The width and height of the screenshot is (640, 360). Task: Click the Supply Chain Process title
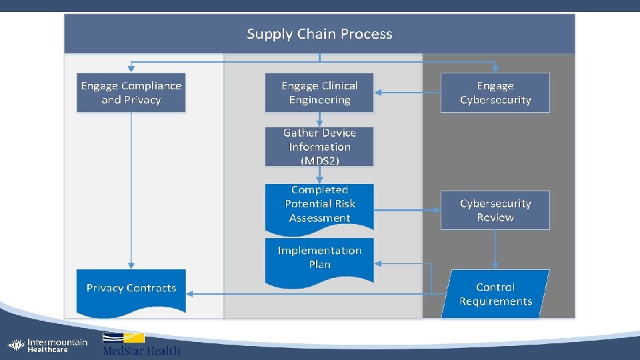coord(319,34)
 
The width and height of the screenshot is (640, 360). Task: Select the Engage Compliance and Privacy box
coord(131,93)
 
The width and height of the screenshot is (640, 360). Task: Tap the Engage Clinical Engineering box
coord(319,93)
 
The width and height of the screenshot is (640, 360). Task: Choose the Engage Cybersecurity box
coord(495,93)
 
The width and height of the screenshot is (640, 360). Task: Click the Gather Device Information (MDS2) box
coord(319,147)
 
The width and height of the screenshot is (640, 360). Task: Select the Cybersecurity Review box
coord(495,211)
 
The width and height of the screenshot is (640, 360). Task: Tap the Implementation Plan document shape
coord(319,259)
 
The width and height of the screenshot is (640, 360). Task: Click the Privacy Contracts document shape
coord(131,289)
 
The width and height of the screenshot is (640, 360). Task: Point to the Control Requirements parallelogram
coord(495,294)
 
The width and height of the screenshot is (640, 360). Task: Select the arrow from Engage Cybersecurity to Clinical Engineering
coord(407,93)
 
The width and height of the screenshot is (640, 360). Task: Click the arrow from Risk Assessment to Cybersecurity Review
coord(407,211)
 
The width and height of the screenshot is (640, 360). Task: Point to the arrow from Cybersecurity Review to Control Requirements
coord(495,249)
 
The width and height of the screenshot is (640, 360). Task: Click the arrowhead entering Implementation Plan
coord(378,264)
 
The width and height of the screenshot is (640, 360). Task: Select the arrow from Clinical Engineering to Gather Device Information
coord(319,119)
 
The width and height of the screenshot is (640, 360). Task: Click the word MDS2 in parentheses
coord(319,161)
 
